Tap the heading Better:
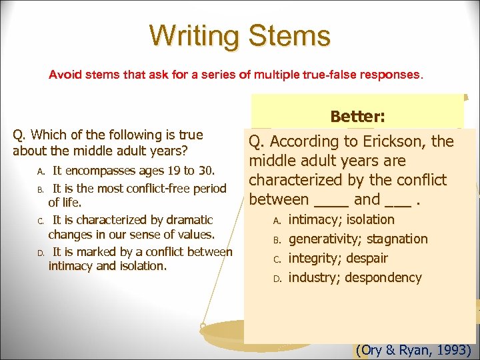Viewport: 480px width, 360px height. (357, 117)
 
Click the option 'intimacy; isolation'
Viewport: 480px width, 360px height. (341, 219)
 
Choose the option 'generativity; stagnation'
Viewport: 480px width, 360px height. (357, 239)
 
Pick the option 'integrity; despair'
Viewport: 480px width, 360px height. (337, 258)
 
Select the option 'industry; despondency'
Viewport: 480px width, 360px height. (355, 277)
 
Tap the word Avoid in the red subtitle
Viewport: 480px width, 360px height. (64, 75)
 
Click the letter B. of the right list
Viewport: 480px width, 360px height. (278, 239)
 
